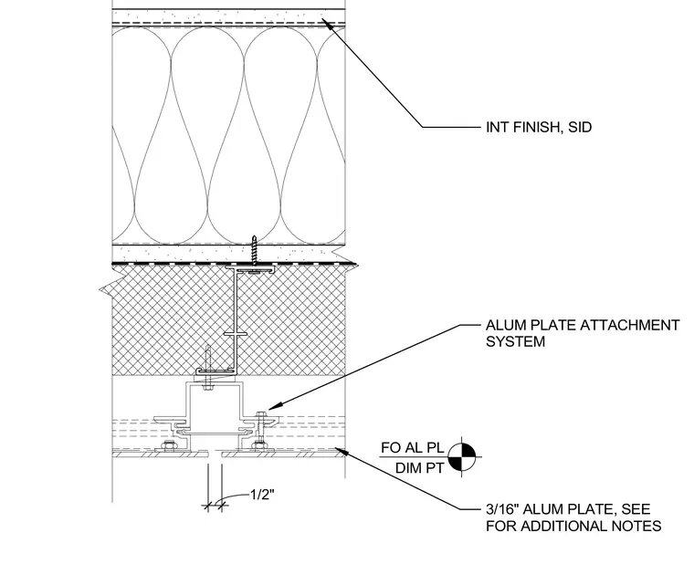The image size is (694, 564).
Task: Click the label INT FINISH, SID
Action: tap(539, 128)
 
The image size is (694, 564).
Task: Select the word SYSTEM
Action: tap(515, 342)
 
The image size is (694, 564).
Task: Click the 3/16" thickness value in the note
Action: tap(502, 509)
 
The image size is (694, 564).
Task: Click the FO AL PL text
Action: tap(412, 448)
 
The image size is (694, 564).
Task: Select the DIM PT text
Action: tap(419, 468)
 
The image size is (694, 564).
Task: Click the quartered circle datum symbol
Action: tap(462, 457)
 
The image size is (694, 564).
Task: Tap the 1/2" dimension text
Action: tap(262, 494)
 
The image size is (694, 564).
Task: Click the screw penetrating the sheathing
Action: tap(254, 250)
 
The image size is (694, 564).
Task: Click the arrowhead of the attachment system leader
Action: tap(273, 405)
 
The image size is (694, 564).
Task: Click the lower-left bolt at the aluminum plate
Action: tap(168, 446)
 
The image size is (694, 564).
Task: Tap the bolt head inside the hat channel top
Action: tap(207, 389)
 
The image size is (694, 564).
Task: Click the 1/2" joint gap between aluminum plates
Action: tap(215, 454)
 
